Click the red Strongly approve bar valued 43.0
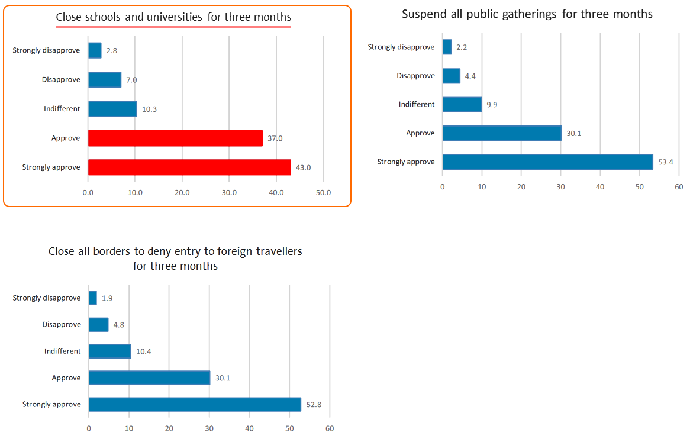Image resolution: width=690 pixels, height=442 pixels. [x=189, y=167]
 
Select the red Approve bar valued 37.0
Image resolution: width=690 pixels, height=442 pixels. [x=175, y=138]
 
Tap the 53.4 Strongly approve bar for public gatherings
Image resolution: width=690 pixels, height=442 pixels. [x=547, y=162]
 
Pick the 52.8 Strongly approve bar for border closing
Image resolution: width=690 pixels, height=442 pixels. [x=195, y=405]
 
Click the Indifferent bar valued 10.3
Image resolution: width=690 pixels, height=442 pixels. [x=112, y=109]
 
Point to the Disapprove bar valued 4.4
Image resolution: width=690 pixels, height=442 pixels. [x=452, y=76]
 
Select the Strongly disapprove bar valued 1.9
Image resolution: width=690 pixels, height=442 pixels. [x=93, y=298]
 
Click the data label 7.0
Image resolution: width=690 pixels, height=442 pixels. [x=132, y=80]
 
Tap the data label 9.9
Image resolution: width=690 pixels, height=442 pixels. [x=493, y=105]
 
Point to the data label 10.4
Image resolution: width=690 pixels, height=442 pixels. [x=143, y=351]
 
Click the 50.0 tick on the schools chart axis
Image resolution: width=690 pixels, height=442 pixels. [x=323, y=193]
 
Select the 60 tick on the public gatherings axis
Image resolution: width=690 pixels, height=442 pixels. [x=679, y=187]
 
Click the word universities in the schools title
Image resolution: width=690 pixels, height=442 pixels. [x=176, y=17]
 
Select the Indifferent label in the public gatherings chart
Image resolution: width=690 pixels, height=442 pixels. [x=417, y=104]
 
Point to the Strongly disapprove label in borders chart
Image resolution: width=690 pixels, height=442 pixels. [x=47, y=298]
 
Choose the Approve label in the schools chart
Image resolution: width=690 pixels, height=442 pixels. [x=66, y=138]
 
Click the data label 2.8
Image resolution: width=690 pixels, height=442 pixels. [x=112, y=51]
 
